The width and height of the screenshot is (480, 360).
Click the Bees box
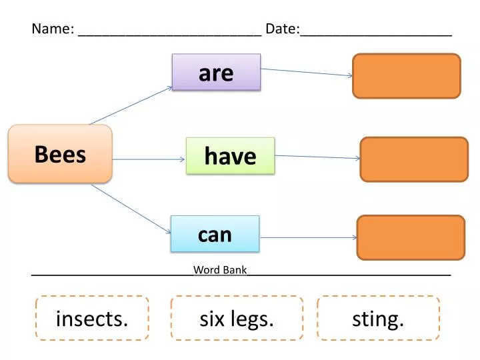point(60,154)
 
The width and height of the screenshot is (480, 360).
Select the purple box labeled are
point(216,72)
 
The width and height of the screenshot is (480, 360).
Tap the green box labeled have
point(230,156)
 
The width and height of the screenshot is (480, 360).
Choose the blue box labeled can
point(215,234)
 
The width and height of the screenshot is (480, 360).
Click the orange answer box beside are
point(406,76)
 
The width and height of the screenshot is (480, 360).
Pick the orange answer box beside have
point(414,159)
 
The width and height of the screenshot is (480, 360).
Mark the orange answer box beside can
point(411,237)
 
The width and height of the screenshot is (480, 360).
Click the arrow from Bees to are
point(131,105)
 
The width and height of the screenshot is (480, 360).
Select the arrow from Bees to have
point(148,159)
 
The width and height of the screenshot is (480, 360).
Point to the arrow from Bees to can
point(131,209)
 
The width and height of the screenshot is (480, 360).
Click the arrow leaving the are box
point(306,71)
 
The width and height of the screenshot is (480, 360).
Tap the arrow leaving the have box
point(317,157)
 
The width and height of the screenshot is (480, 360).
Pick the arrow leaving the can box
point(308,237)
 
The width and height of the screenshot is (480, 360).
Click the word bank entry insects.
point(92,319)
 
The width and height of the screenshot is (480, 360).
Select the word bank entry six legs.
point(237,319)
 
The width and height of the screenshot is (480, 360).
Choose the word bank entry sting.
point(378,319)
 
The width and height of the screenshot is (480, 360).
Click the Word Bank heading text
point(220,270)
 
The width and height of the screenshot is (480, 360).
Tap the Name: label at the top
point(53,29)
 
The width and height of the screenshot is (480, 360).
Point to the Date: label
point(283,29)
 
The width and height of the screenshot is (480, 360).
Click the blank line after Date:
point(376,32)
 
